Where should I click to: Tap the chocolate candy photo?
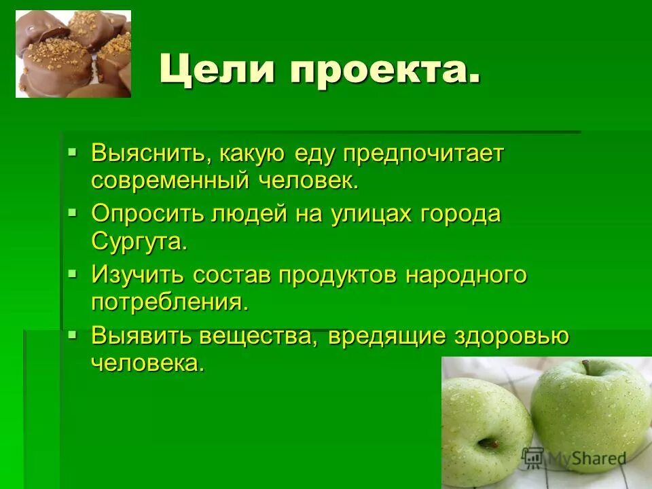pos(73,54)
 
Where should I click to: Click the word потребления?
pos(169,302)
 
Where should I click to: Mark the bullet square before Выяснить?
pos(73,150)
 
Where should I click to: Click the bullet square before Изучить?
pos(73,272)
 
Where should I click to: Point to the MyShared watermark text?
pos(585,458)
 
